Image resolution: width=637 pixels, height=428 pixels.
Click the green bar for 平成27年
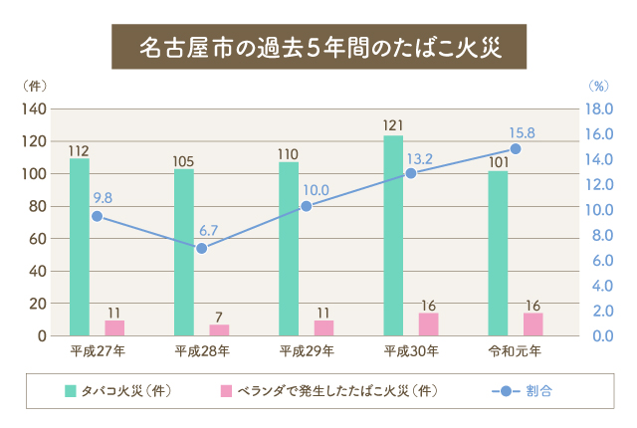pos(79,247)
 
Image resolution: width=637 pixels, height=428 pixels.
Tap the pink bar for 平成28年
pos(219,329)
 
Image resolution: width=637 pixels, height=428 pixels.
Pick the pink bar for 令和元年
pos(532,323)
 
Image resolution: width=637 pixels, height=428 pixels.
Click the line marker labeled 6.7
pos(201,247)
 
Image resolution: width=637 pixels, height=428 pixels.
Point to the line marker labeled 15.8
pos(515,148)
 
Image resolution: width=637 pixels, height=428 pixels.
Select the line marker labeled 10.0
pos(307,206)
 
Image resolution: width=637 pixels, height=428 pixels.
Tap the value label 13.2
pos(420,158)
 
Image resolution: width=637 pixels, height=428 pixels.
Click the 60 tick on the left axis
pos(38,239)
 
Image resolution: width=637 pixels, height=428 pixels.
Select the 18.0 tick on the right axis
pos(596,108)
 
